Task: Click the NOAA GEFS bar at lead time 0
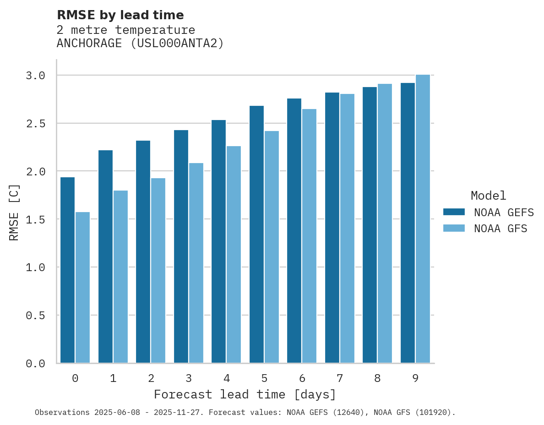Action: pos(67,270)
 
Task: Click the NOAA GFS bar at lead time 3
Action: pos(196,263)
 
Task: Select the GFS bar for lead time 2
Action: pos(158,271)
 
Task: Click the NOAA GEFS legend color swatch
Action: pos(454,212)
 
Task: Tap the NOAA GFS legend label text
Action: pos(500,229)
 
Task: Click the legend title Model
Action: pos(488,196)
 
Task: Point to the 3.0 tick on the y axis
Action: pos(35,76)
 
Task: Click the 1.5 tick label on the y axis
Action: pos(35,219)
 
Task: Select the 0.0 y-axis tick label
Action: pos(35,364)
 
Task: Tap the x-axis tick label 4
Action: pos(227,378)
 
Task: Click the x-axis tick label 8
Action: pos(377,378)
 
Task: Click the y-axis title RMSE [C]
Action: pos(14,212)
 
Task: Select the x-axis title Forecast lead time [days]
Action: pos(245,395)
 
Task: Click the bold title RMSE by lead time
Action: pos(120,15)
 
